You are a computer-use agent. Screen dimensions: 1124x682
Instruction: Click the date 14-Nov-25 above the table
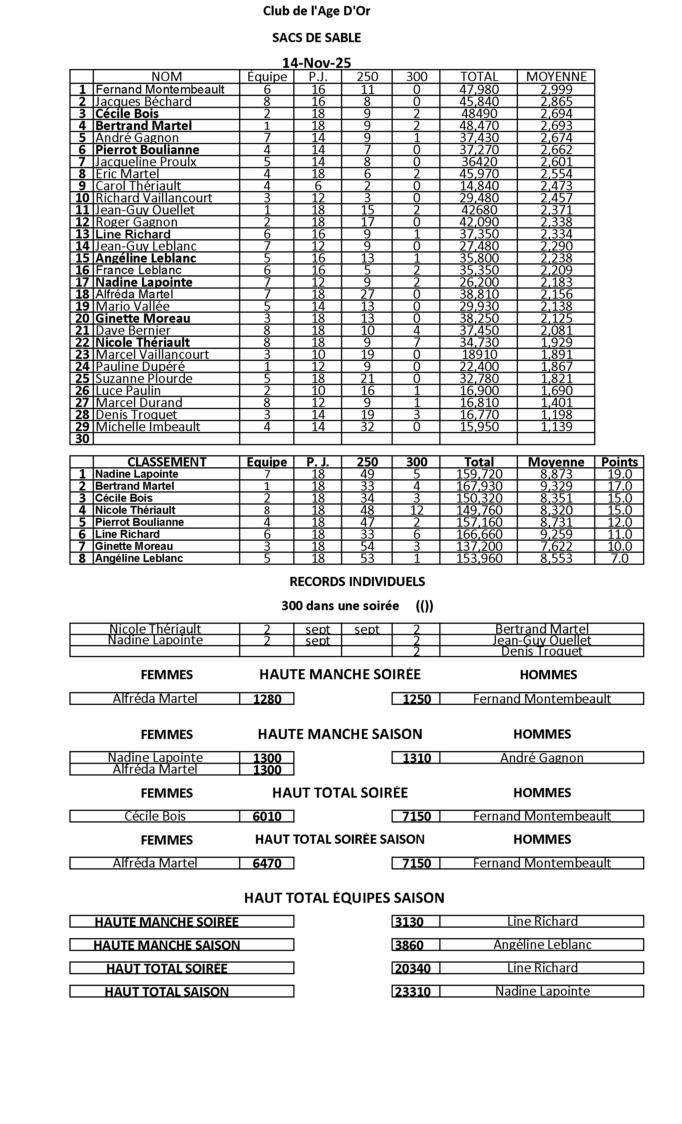(x=317, y=63)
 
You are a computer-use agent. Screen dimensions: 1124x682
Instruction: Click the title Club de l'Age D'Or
(x=317, y=11)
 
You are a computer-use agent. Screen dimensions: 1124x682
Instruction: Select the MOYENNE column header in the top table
(x=556, y=77)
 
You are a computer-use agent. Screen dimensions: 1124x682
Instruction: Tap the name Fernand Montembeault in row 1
(x=160, y=90)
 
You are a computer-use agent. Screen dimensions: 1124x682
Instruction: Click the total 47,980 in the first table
(x=479, y=90)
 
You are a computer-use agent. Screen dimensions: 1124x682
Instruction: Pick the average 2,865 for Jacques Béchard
(x=556, y=101)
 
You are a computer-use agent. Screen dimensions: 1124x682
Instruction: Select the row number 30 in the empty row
(x=82, y=438)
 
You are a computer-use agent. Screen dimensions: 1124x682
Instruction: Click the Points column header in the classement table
(x=619, y=462)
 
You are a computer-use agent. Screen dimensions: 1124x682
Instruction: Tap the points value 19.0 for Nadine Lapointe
(x=619, y=474)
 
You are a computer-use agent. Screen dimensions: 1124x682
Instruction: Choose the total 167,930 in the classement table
(x=479, y=486)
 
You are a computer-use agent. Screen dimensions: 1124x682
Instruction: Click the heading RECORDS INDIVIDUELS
(x=357, y=582)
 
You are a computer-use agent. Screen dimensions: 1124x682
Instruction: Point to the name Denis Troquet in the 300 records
(x=542, y=651)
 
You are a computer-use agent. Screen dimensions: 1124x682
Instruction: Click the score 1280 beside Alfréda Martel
(x=267, y=699)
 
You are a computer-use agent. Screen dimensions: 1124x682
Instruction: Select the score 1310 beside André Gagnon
(x=417, y=758)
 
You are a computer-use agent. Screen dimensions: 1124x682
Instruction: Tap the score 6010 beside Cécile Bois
(x=267, y=816)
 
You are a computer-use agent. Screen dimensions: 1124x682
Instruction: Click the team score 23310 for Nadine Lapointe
(x=412, y=992)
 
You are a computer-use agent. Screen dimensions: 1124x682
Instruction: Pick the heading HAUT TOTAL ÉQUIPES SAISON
(x=344, y=898)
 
